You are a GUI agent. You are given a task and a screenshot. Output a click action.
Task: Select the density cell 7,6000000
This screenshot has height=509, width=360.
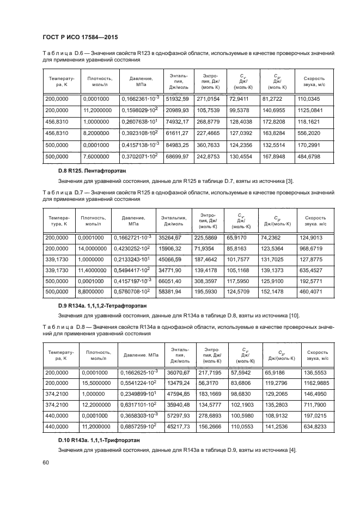click(x=95, y=156)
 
